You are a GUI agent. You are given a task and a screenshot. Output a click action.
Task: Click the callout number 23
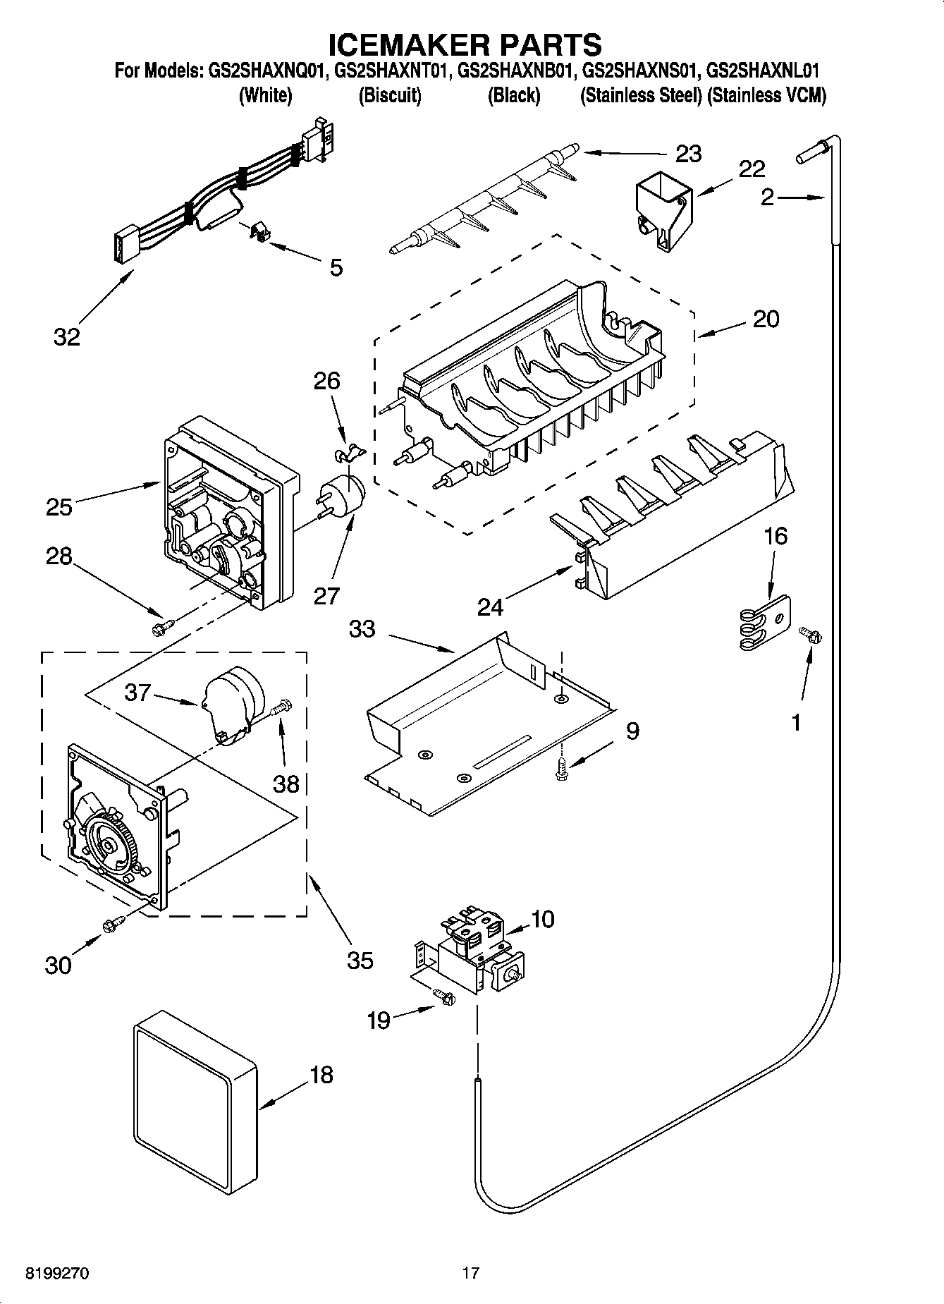[x=688, y=154]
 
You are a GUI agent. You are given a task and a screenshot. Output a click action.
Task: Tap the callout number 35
[x=360, y=960]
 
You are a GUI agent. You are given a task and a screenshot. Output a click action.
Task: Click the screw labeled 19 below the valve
[x=445, y=996]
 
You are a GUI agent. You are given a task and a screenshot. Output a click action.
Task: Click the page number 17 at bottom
[x=470, y=1273]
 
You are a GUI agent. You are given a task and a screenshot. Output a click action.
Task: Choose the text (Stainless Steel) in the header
[x=639, y=96]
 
